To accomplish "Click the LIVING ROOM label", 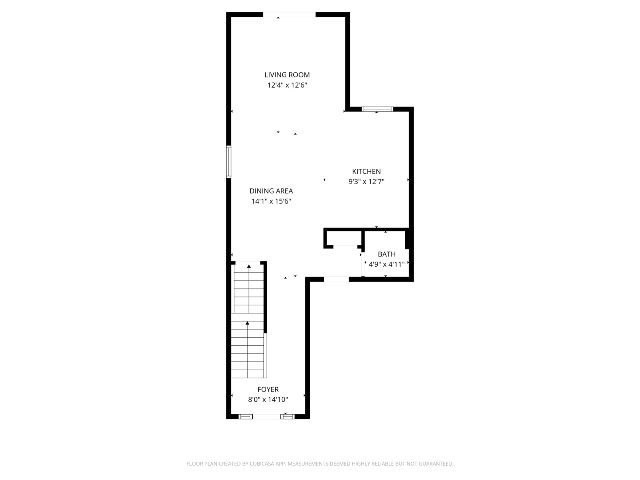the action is [x=287, y=75].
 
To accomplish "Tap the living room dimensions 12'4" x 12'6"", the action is [x=287, y=85].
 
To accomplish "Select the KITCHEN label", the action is [x=366, y=172].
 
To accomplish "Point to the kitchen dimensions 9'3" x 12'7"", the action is [x=366, y=182].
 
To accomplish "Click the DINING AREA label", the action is [x=271, y=191].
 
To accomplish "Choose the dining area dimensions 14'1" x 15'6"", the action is [x=271, y=201].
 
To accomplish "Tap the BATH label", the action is [x=387, y=254].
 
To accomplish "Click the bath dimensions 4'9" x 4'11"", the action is [x=387, y=264].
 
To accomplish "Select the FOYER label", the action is [x=268, y=389].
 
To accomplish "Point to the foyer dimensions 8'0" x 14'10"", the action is [x=268, y=400].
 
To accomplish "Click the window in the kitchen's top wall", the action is [x=377, y=109].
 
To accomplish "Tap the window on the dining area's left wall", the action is [x=228, y=162].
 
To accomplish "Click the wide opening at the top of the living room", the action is [x=289, y=15].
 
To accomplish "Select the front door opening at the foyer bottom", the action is [x=267, y=417].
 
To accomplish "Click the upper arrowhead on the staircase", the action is [x=249, y=266].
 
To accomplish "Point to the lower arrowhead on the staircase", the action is [x=247, y=323].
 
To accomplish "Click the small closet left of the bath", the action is [x=344, y=238].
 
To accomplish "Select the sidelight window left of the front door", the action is [x=245, y=417].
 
